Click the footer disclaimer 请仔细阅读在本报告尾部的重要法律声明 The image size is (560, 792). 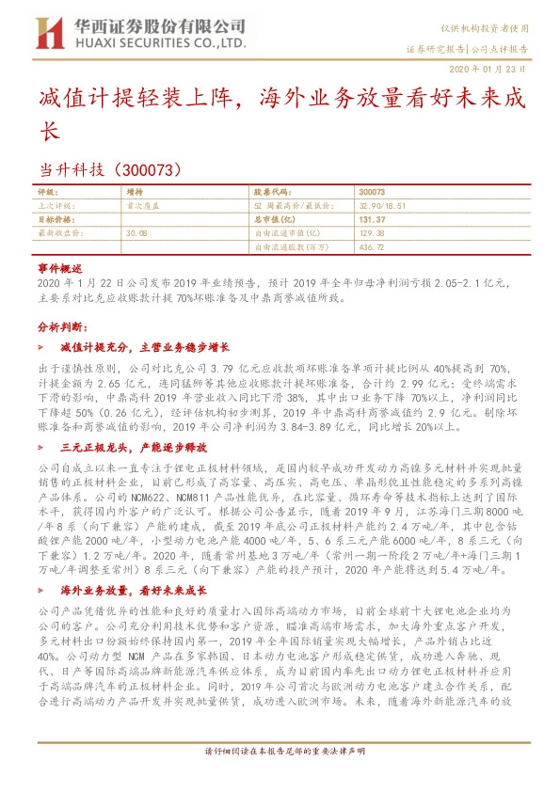tap(280, 779)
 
